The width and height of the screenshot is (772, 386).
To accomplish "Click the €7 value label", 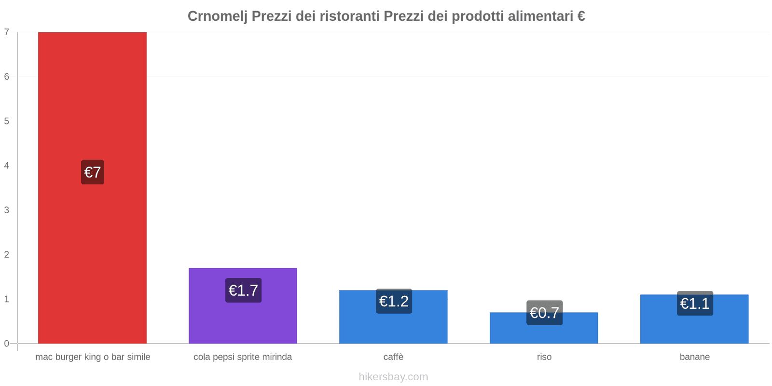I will [93, 172].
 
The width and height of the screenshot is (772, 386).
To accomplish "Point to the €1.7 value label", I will [243, 290].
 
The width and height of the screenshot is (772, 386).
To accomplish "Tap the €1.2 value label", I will [394, 301].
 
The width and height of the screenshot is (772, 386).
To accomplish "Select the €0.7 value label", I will [544, 313].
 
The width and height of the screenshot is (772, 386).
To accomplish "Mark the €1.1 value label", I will [695, 303].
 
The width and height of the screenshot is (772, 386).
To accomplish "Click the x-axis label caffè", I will [393, 357].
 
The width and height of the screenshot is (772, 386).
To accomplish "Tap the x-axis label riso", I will [544, 357].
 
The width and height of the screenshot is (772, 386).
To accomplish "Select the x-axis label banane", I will [694, 357].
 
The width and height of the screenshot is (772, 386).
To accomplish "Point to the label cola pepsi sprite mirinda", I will [243, 357].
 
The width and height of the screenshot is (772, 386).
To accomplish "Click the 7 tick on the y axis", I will [7, 32].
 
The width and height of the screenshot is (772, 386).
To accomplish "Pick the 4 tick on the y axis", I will [7, 165].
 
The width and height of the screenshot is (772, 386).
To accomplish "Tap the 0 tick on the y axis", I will [7, 344].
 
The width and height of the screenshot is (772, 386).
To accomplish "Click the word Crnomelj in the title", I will [217, 16].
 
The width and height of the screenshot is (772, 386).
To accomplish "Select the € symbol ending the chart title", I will [581, 16].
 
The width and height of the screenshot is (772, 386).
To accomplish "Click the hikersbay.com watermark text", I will [393, 377].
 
